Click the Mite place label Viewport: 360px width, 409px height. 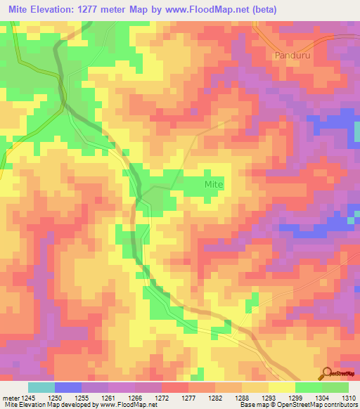coord(214,184)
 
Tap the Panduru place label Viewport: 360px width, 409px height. coord(290,54)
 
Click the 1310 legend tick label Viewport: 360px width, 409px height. coord(348,398)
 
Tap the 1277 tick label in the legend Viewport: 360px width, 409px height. coord(188,398)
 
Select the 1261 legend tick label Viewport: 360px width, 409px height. coord(108,398)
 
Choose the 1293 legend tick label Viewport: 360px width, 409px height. coord(268,398)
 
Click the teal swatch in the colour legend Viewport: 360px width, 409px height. coord(41,387)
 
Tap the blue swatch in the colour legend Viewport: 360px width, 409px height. coord(68,387)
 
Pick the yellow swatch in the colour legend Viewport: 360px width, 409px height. coord(281,387)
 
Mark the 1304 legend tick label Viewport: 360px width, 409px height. coord(321,398)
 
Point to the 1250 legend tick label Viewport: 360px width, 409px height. coord(55,398)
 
